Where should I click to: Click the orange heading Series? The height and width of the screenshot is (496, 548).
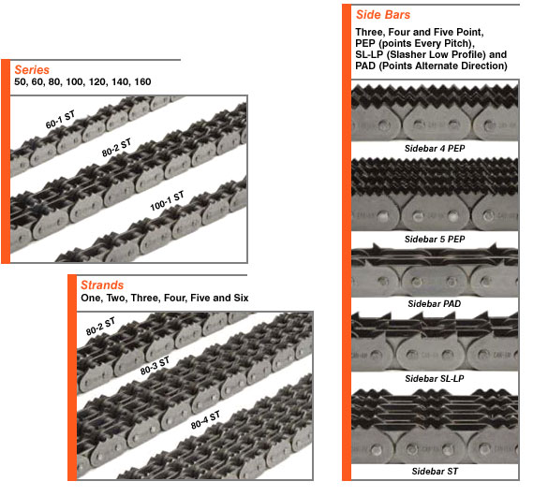coord(32,70)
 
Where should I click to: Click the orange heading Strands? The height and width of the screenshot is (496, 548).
coord(102,285)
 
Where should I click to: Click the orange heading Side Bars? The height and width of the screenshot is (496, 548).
coord(383,15)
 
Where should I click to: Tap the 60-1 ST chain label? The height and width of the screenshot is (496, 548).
coord(61,120)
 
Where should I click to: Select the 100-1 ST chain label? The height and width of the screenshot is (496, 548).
coord(167,201)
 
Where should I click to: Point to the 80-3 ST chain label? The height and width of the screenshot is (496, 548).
coord(155,366)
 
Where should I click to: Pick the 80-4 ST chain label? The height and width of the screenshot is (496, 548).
coord(205,420)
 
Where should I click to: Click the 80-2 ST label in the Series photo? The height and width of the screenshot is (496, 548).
coord(116,148)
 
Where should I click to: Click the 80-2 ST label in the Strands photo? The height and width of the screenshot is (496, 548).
coord(100,327)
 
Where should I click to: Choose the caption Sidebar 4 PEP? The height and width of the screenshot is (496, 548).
coord(435,149)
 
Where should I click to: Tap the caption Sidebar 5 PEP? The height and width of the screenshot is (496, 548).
coord(435,239)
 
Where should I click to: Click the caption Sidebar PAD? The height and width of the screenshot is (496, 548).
coord(435,303)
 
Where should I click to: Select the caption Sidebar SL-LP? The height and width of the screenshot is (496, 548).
coord(435,379)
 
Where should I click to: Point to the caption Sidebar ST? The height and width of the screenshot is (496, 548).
coord(435,472)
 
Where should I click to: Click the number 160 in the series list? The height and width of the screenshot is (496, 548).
coord(142,82)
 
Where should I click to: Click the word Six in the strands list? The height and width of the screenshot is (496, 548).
coord(241,298)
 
